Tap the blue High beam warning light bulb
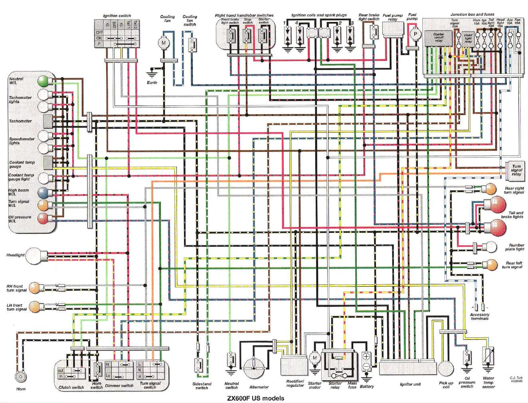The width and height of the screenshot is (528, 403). [43, 193]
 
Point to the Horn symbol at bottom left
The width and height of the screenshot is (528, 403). [19, 376]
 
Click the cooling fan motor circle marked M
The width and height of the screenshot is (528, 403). [163, 42]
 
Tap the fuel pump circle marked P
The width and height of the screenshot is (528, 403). [415, 35]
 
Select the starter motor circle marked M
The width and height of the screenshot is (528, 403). [314, 357]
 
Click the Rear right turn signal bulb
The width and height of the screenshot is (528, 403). [489, 189]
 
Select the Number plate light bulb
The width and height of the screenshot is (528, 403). [490, 247]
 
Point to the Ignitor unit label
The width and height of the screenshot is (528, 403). [410, 384]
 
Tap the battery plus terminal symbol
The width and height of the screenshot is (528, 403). [366, 357]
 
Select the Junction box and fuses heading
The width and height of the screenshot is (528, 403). [472, 14]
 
